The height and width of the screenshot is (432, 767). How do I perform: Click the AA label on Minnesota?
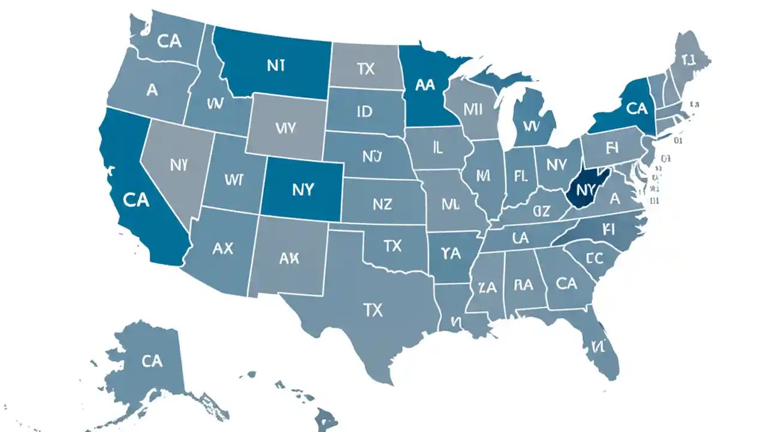pos(424,85)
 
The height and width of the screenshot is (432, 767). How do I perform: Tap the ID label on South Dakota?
pos(364,112)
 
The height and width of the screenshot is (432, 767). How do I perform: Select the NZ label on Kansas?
pos(382,205)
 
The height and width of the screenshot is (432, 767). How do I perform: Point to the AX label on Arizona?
pos(223,248)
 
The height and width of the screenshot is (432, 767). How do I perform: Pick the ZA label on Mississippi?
pos(488,288)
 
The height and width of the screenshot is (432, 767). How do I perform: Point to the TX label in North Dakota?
pos(366,69)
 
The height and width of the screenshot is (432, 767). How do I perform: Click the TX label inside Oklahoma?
pos(392,245)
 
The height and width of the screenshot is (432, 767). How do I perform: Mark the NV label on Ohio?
pos(556,164)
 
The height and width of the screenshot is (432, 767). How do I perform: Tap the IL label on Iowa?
pos(437,148)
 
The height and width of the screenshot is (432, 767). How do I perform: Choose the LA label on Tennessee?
pos(520,238)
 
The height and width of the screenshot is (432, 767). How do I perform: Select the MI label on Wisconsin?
pos(473,109)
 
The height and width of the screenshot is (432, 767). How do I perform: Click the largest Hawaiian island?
pos(327,418)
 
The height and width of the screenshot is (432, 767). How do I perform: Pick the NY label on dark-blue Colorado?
pos(303,190)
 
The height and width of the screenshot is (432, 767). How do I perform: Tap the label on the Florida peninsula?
pos(599,346)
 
